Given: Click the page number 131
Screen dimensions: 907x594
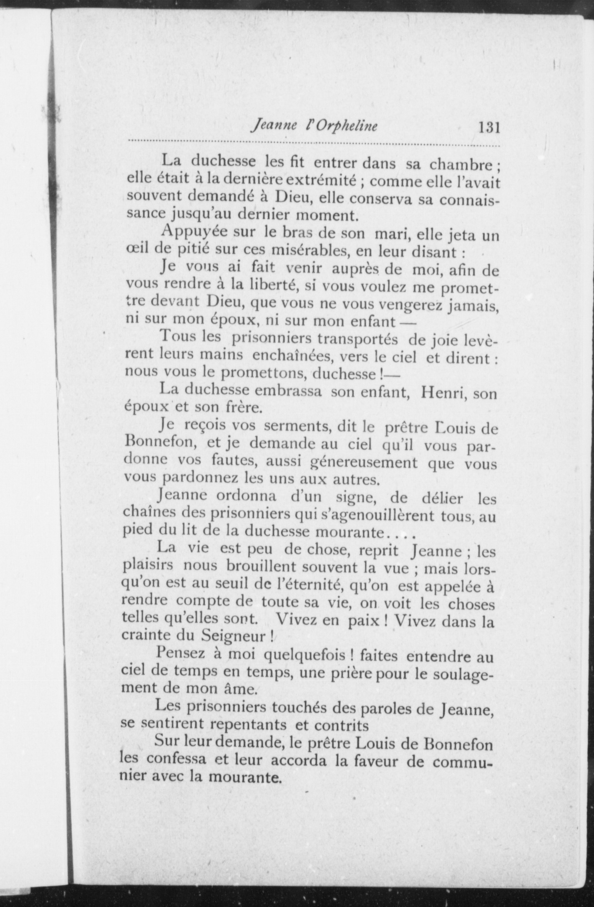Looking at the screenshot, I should pyautogui.click(x=489, y=126).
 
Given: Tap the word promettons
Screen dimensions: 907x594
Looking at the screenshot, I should pyautogui.click(x=261, y=374).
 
